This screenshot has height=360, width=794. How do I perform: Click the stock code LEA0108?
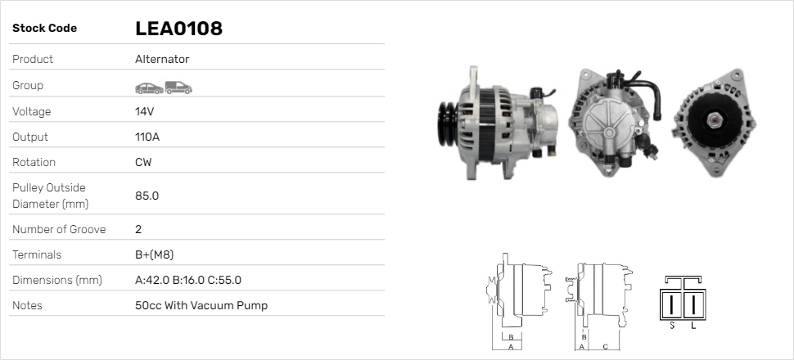pos(178,29)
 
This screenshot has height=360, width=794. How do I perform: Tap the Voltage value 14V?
pos(144,111)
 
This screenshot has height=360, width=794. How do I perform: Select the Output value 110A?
pos(147,137)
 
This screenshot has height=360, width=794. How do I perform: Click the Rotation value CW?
pos(143,162)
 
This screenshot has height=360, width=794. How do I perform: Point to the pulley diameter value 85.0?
pos(147,196)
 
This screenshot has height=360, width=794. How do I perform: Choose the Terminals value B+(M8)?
pos(155,254)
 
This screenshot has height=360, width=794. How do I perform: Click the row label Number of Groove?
pos(59,229)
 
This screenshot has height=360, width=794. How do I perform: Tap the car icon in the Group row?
pos(149,88)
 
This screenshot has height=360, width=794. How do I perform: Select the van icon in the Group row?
pos(178,88)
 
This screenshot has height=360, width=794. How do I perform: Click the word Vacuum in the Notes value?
pos(212,305)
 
